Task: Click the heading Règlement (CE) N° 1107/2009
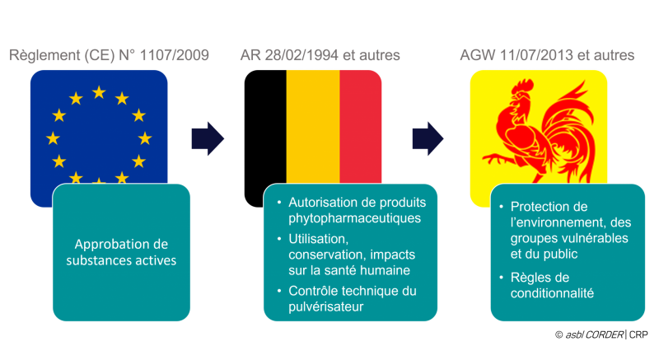109,56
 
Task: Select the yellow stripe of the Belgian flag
312,124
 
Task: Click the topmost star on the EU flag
99,92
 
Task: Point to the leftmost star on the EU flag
53,138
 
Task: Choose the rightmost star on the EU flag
145,138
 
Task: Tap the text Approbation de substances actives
121,252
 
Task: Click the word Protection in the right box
543,206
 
